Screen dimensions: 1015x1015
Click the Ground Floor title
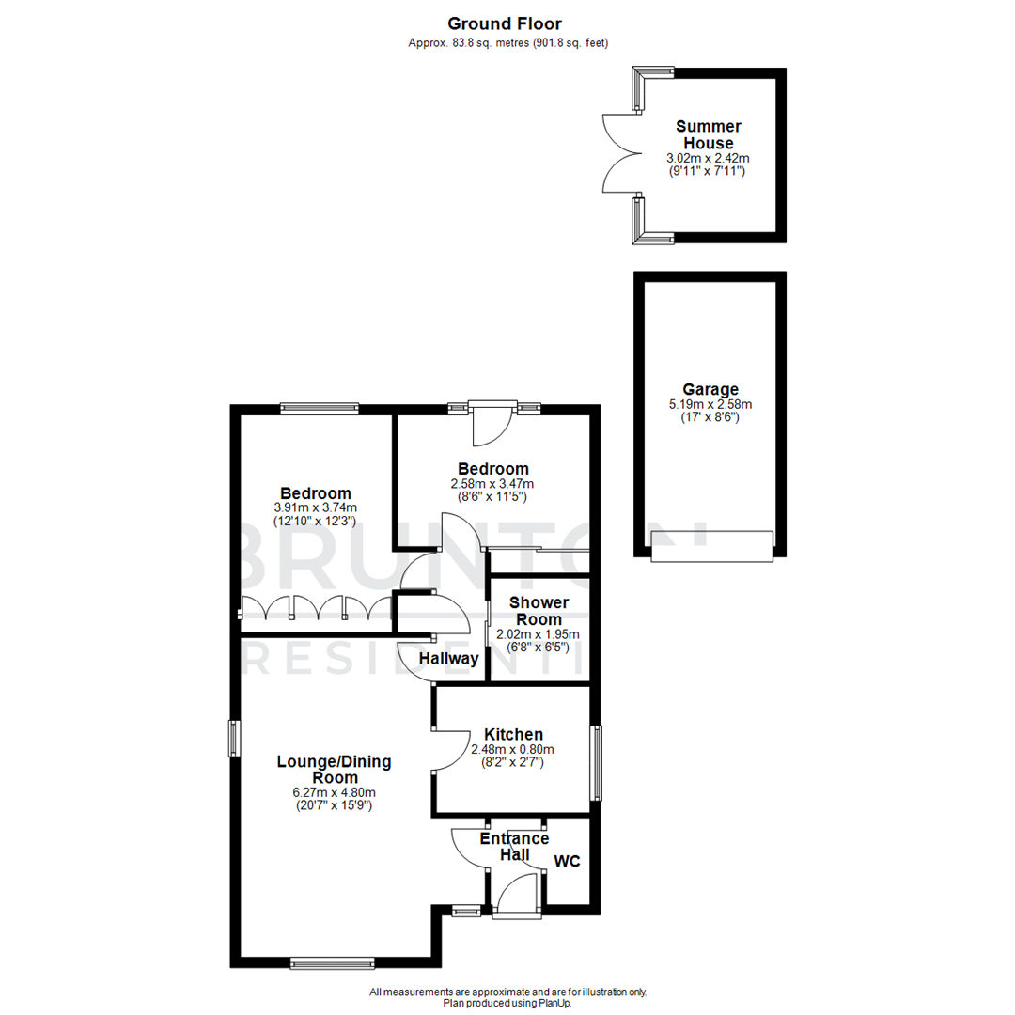click(505, 23)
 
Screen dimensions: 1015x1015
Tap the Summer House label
click(709, 134)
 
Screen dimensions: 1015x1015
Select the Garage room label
click(710, 389)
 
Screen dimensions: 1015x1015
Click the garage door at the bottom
click(711, 546)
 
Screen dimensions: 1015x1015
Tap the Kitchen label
click(513, 735)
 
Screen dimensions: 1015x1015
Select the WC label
click(567, 861)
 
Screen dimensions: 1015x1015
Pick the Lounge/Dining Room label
click(334, 770)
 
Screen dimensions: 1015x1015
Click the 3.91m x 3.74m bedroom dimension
click(316, 507)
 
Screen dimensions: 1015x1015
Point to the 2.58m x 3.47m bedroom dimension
click(492, 484)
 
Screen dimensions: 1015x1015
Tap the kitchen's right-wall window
click(596, 763)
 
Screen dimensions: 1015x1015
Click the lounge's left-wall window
click(234, 738)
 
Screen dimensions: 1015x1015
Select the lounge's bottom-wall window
click(332, 961)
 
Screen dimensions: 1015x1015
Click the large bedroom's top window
click(319, 408)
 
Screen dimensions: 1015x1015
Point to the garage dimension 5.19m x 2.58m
click(710, 404)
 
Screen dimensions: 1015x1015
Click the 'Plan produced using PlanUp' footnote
click(507, 1003)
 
